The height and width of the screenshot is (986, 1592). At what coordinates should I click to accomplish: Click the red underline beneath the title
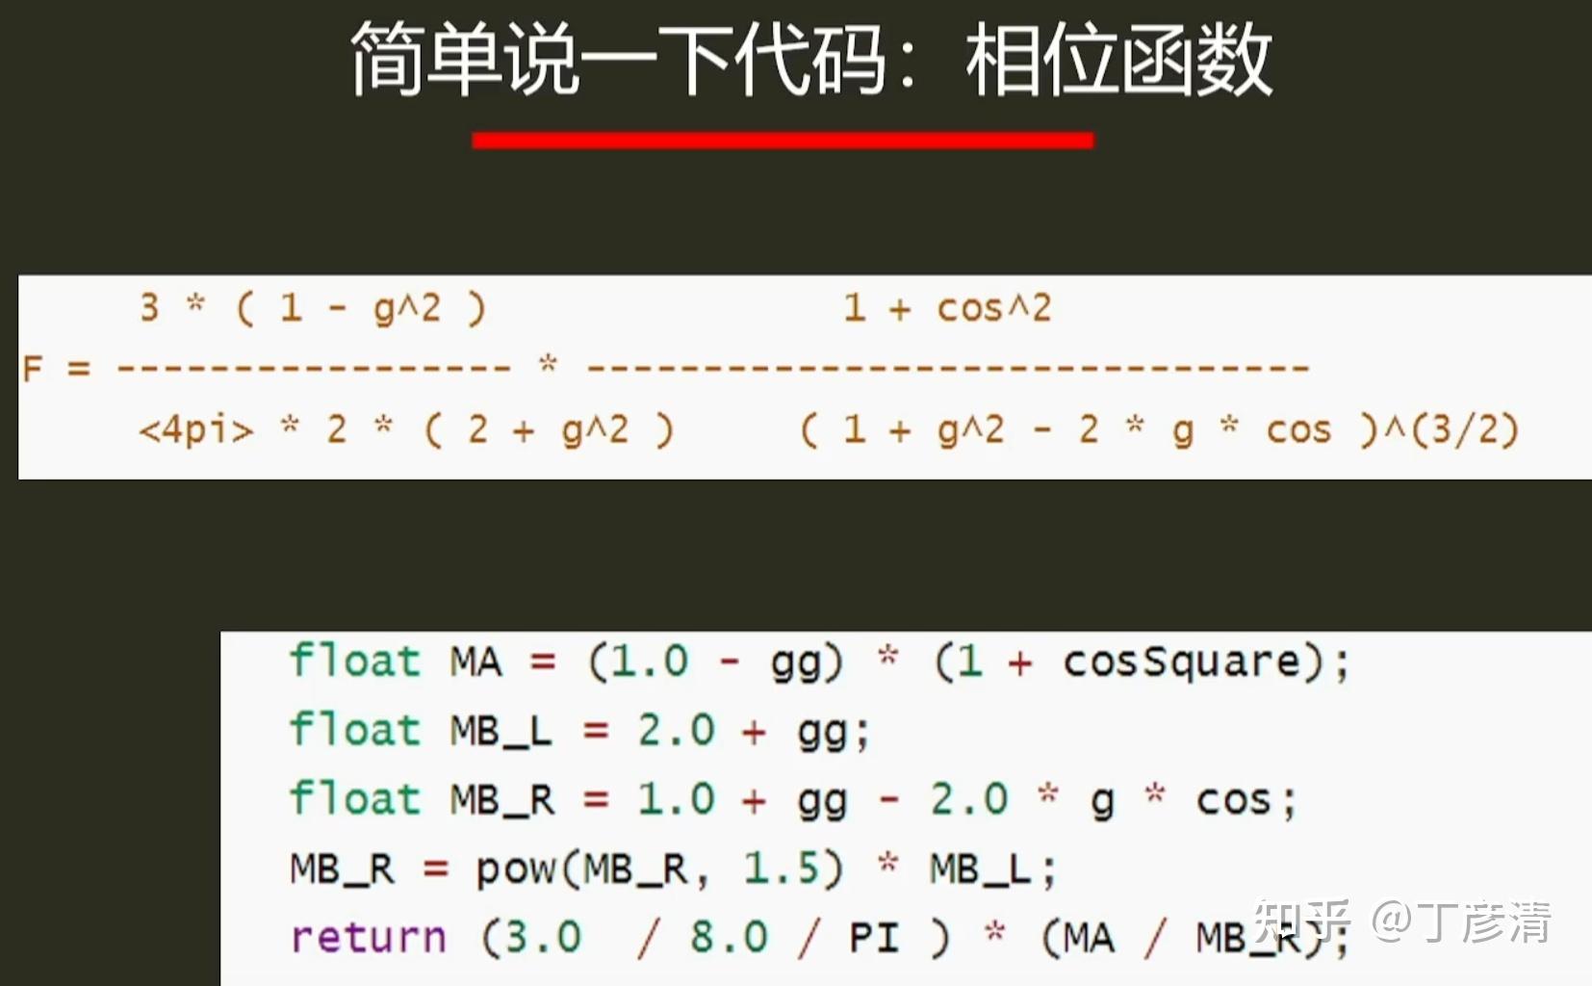[x=783, y=140]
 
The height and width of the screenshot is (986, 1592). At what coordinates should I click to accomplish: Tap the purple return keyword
[x=368, y=937]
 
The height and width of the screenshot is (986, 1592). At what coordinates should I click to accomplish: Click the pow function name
[x=516, y=869]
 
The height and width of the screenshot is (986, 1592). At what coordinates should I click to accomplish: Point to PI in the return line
[x=875, y=937]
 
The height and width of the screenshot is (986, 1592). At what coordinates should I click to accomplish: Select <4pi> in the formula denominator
[x=195, y=430]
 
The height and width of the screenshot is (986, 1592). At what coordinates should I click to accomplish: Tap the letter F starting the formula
[x=32, y=368]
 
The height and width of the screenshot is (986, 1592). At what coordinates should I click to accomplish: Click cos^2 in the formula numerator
[x=993, y=309]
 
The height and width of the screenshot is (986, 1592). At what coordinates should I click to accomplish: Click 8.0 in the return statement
[x=730, y=937]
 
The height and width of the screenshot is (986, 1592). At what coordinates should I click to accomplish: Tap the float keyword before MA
[x=354, y=662]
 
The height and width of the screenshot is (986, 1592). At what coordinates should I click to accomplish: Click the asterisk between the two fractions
[x=548, y=364]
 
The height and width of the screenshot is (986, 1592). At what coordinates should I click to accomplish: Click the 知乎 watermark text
[x=1300, y=921]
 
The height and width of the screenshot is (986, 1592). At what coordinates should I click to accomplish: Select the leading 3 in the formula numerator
[x=149, y=308]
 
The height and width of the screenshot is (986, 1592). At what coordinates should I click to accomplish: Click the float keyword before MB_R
[x=354, y=799]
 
